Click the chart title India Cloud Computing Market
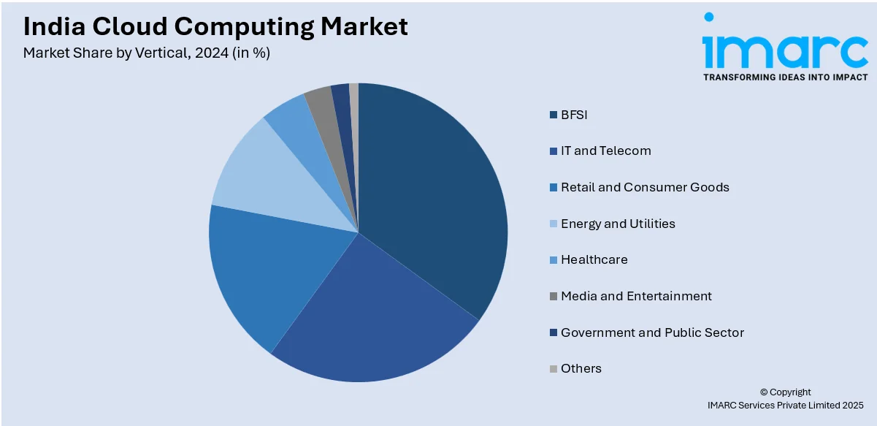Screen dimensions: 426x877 click(215, 26)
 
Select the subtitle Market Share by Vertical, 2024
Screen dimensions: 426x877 click(147, 53)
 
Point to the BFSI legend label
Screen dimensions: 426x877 click(574, 115)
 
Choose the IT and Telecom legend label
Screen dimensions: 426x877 click(605, 151)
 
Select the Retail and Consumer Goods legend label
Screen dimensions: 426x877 click(645, 187)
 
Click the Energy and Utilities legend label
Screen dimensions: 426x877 click(618, 224)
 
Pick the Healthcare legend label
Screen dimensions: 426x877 click(594, 259)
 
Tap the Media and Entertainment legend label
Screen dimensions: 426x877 click(636, 296)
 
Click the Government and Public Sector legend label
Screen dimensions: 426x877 click(652, 332)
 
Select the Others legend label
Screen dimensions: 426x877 click(581, 368)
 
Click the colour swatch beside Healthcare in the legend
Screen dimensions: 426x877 click(554, 260)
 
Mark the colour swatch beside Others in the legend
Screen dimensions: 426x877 click(554, 369)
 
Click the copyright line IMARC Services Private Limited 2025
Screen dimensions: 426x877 click(785, 405)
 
